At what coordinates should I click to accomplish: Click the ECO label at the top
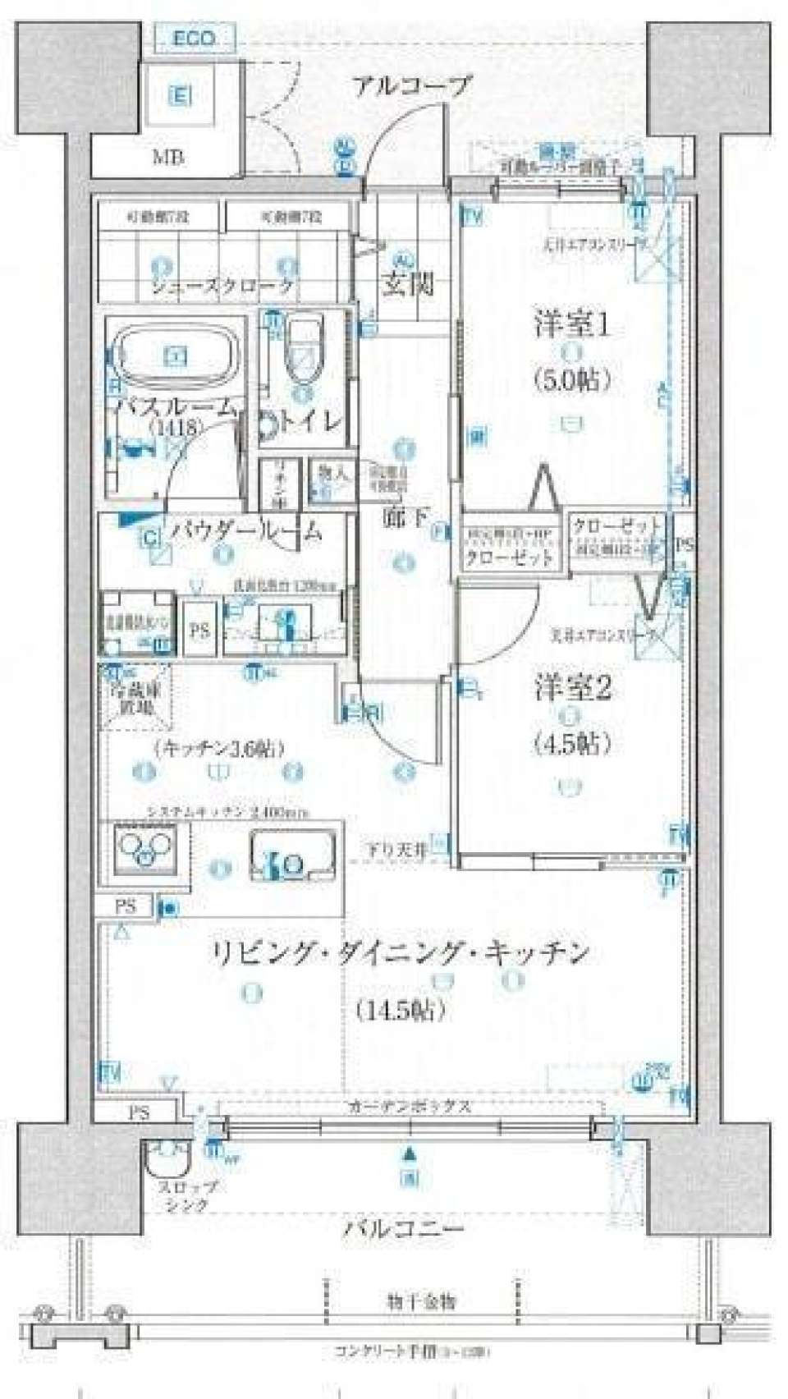tap(194, 38)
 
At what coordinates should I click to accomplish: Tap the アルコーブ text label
tap(412, 85)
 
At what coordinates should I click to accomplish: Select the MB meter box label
tap(168, 156)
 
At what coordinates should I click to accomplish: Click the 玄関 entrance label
tap(406, 284)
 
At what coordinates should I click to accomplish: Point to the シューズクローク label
tap(221, 286)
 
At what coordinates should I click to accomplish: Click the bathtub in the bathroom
tap(175, 355)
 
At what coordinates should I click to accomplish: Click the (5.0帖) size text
tap(573, 379)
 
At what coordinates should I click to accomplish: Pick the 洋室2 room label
tap(572, 688)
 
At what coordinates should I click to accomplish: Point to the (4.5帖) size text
tap(572, 744)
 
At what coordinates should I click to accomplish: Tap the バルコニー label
tap(403, 1228)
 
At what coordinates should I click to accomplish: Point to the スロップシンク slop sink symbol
tap(168, 1164)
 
